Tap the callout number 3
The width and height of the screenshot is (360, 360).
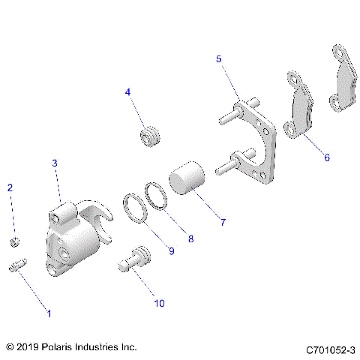(54, 163)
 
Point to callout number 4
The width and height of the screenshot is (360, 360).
(127, 92)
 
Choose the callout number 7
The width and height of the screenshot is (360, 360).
(222, 222)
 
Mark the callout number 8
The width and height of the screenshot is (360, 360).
(190, 239)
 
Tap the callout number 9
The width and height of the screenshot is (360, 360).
(171, 251)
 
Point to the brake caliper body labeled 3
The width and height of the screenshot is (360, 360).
(75, 240)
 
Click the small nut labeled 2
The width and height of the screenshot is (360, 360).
(14, 241)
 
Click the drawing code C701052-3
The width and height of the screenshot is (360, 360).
(330, 349)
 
